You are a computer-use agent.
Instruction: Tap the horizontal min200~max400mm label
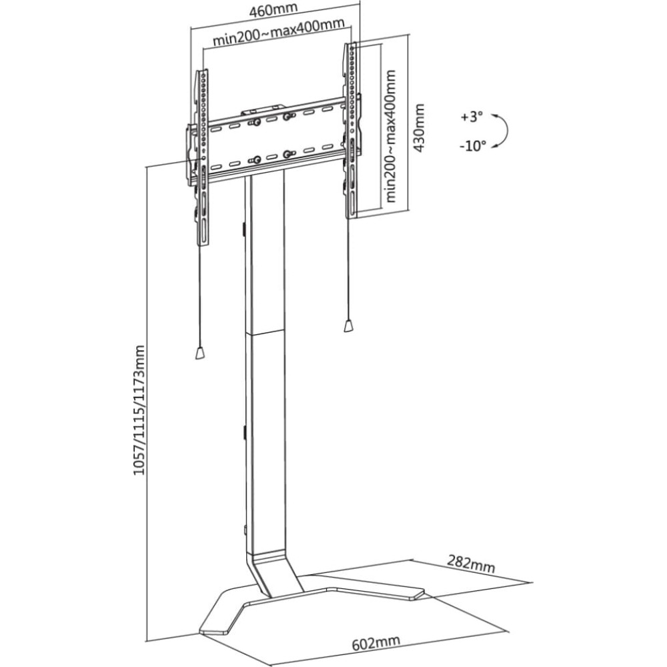tap(278, 33)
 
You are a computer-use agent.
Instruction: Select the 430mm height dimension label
tap(420, 128)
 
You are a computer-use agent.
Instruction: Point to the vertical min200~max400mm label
tap(390, 136)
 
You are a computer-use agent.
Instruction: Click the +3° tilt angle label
tap(472, 117)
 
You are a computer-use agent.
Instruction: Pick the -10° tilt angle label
tap(473, 146)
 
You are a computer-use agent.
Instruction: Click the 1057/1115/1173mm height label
tap(139, 410)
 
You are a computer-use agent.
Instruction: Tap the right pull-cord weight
tap(348, 326)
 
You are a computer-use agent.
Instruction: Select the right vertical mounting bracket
tap(352, 130)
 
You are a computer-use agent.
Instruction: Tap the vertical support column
tap(263, 362)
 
